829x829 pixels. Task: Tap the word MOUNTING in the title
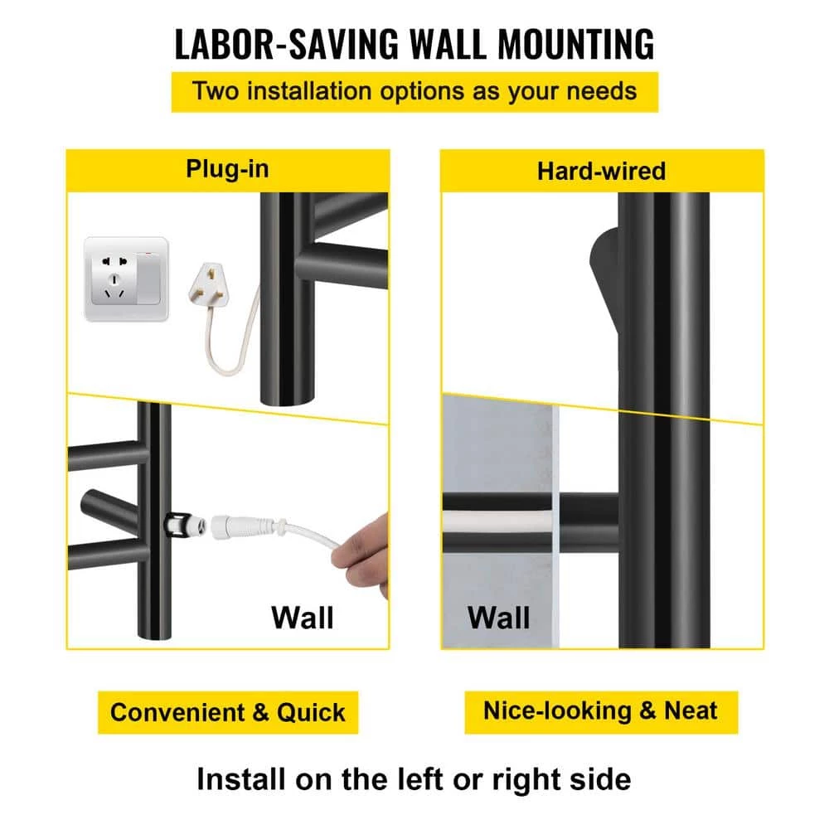(576, 44)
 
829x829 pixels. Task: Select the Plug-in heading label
(227, 170)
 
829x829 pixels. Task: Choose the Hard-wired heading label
(601, 172)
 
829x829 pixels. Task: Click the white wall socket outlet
(126, 279)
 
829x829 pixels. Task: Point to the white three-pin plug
(207, 285)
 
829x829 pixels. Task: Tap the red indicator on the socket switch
(148, 254)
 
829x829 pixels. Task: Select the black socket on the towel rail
(177, 524)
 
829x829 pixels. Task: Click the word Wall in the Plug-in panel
(303, 617)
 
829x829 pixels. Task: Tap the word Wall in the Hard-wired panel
(498, 617)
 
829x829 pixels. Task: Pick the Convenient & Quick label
(228, 712)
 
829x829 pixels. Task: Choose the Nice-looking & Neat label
(601, 711)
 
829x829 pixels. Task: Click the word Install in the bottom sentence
(241, 778)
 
